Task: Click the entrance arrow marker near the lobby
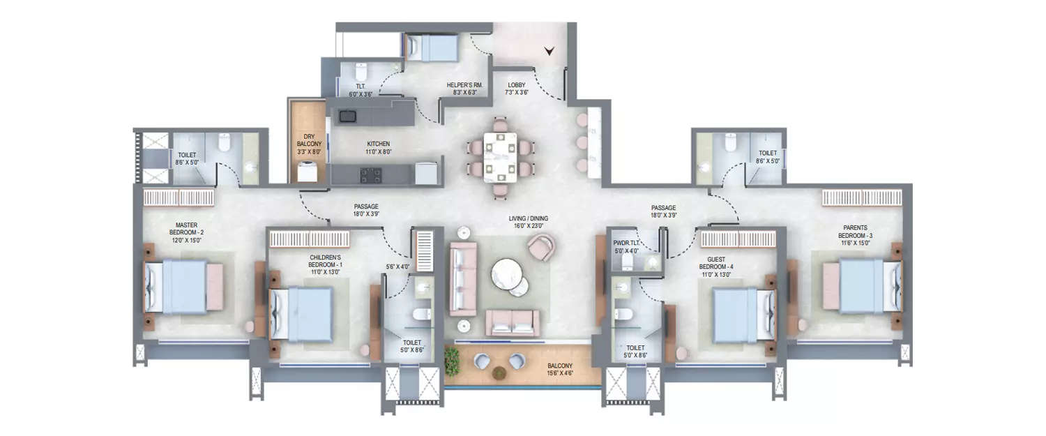549,50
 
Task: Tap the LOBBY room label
516,89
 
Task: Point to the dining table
500,158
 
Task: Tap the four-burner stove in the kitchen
370,174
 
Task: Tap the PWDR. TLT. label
626,247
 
